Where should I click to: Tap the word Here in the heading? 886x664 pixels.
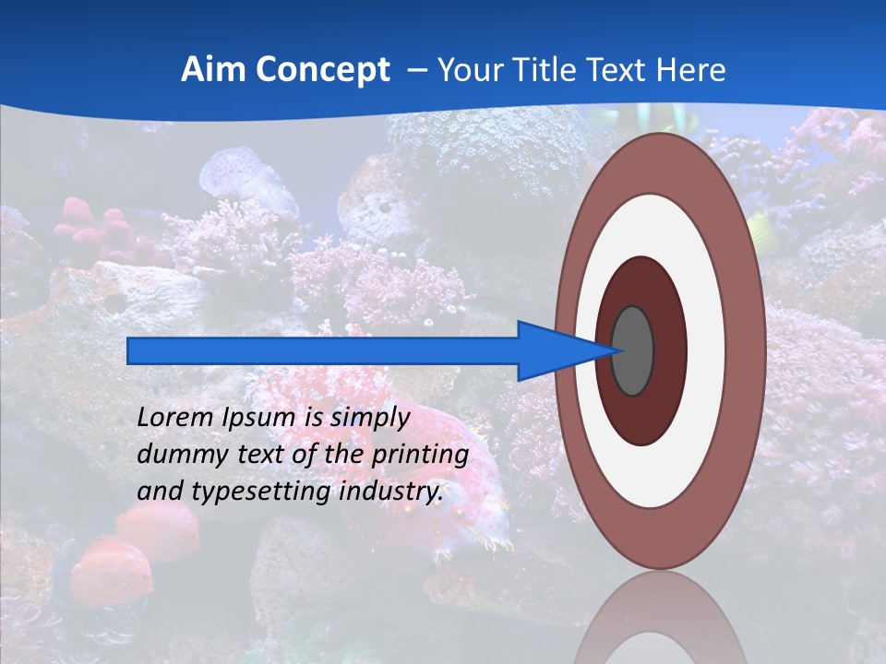[691, 70]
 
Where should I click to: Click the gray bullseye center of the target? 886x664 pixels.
[632, 350]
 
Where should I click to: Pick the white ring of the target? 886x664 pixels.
[705, 350]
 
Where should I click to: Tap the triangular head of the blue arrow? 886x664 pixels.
[554, 350]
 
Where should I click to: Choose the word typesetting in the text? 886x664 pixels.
[261, 492]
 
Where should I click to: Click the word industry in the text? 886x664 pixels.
[391, 492]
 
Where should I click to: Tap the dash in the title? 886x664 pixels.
[417, 70]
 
